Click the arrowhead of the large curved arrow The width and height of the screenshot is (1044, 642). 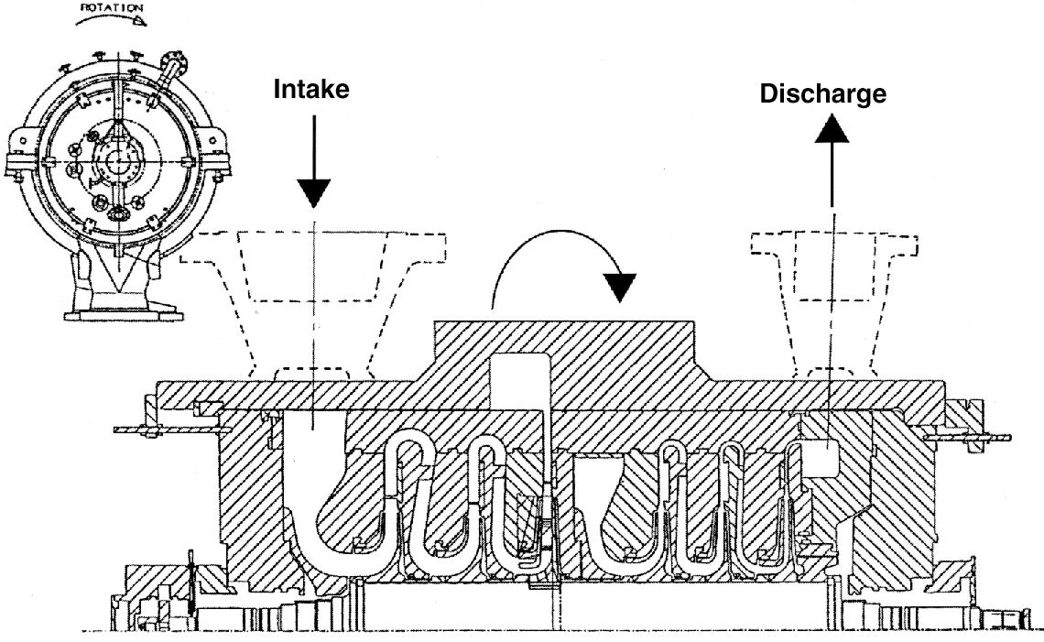(623, 287)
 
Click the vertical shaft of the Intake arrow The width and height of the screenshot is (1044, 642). (314, 147)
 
